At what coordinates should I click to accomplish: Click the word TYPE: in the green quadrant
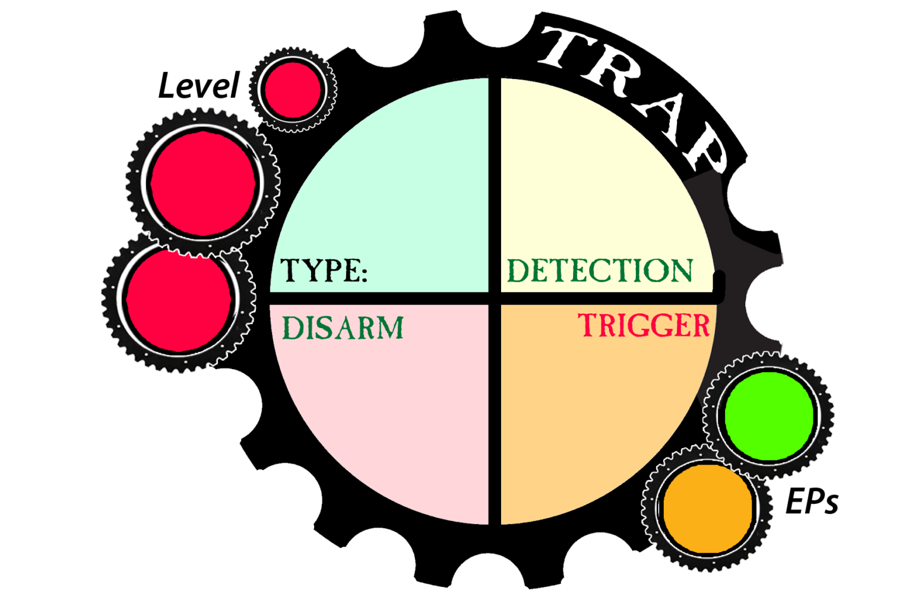(324, 271)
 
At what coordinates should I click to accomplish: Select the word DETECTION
(600, 271)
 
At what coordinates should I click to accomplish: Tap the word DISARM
(343, 328)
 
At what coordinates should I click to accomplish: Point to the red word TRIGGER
(644, 326)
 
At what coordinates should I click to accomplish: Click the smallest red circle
(293, 90)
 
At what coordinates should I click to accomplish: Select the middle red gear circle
(203, 183)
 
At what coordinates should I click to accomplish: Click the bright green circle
(769, 416)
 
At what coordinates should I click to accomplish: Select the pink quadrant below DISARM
(386, 427)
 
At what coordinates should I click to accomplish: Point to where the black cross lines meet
(494, 298)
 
